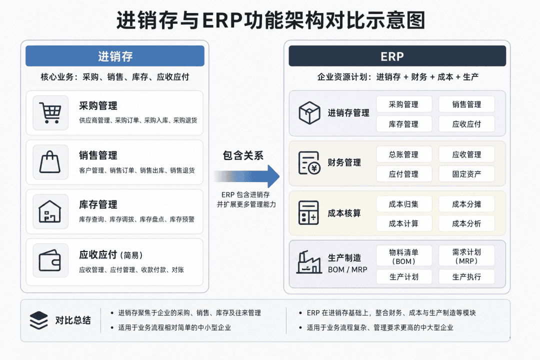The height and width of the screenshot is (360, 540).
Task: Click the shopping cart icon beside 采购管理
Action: [x=50, y=112]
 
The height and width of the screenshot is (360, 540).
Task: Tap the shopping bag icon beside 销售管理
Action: [x=50, y=162]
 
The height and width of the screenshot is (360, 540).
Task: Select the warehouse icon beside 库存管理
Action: [x=50, y=211]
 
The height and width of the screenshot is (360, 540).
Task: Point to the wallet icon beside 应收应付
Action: [x=50, y=260]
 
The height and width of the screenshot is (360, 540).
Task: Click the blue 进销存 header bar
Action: [x=115, y=56]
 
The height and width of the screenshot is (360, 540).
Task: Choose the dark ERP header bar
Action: [x=397, y=56]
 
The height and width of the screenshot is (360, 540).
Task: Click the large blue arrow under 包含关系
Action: [x=246, y=176]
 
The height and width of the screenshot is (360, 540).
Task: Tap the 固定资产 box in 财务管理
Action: [x=466, y=174]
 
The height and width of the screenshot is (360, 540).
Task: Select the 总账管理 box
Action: [x=404, y=154]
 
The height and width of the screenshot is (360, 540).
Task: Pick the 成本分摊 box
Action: [x=466, y=204]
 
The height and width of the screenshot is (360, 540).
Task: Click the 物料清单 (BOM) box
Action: [x=404, y=256]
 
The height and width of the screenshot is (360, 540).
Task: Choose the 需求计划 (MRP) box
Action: [x=466, y=256]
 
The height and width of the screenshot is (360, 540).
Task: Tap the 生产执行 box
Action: [x=466, y=276]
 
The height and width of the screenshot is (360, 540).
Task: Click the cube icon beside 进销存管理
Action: [x=309, y=112]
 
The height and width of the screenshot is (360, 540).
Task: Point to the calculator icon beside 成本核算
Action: [x=308, y=212]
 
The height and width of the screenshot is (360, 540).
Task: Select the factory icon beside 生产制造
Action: [x=309, y=262]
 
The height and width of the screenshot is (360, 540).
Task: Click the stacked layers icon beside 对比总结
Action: [x=38, y=320]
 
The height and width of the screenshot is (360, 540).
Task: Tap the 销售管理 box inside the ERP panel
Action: [x=466, y=104]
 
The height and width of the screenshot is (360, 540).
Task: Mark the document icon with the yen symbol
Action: [x=309, y=162]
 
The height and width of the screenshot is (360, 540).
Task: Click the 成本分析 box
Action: [x=466, y=223]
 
